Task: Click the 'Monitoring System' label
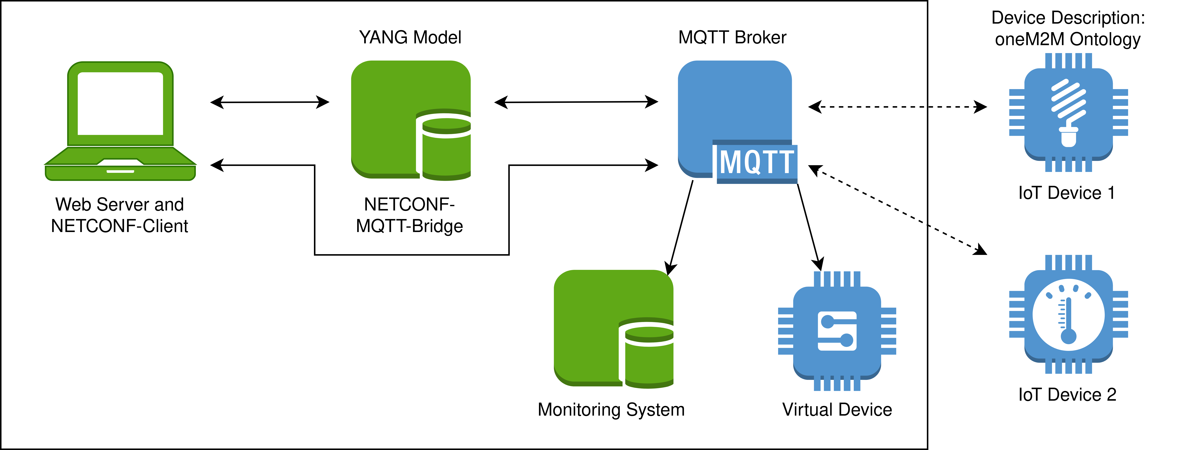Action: tap(611, 410)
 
